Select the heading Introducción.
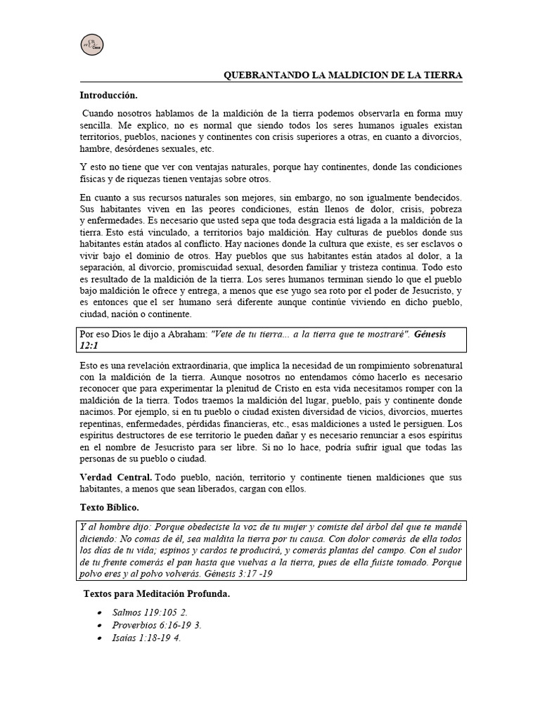click(x=108, y=94)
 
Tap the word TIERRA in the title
click(x=442, y=75)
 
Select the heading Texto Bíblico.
click(x=110, y=506)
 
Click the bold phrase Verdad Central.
click(x=115, y=478)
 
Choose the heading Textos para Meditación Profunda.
click(x=157, y=594)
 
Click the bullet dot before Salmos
click(x=101, y=612)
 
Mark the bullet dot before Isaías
click(x=101, y=638)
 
